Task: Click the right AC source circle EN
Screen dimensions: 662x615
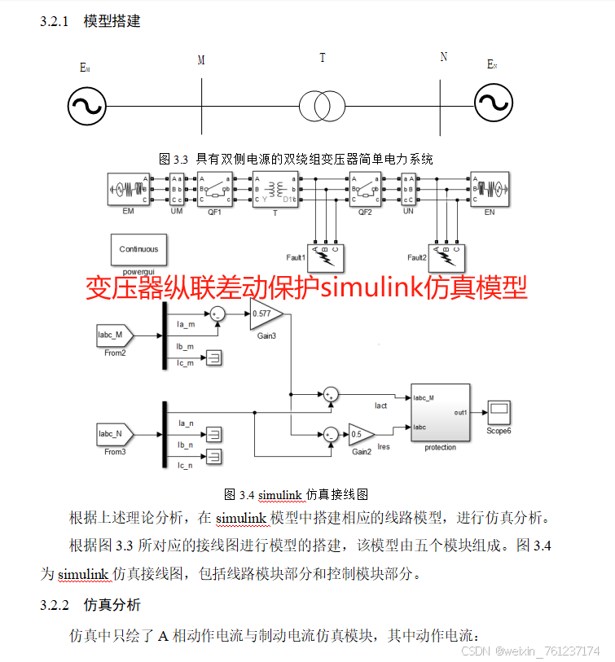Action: pyautogui.click(x=494, y=105)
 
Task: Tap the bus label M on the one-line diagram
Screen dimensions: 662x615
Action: pyautogui.click(x=201, y=60)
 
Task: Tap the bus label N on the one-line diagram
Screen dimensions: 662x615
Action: pyautogui.click(x=443, y=57)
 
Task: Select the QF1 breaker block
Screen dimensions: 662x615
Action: pyautogui.click(x=214, y=190)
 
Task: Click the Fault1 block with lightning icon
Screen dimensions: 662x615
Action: pyautogui.click(x=326, y=257)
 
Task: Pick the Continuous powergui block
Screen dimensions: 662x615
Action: pyautogui.click(x=138, y=249)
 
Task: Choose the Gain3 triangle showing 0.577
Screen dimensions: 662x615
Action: pyautogui.click(x=265, y=313)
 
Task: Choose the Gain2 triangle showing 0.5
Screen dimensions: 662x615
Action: pyautogui.click(x=359, y=433)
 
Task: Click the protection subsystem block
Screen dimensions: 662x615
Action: pyautogui.click(x=441, y=413)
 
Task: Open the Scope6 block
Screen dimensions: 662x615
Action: pyautogui.click(x=499, y=411)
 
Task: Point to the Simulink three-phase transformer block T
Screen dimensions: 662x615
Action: pyautogui.click(x=275, y=190)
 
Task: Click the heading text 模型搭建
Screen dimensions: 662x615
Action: pyautogui.click(x=112, y=21)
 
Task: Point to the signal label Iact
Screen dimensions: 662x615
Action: pyautogui.click(x=380, y=405)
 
